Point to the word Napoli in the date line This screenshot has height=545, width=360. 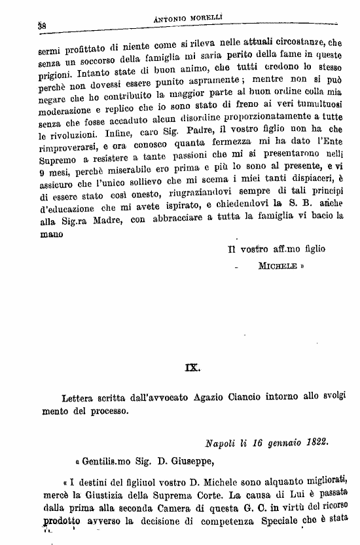(220, 443)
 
